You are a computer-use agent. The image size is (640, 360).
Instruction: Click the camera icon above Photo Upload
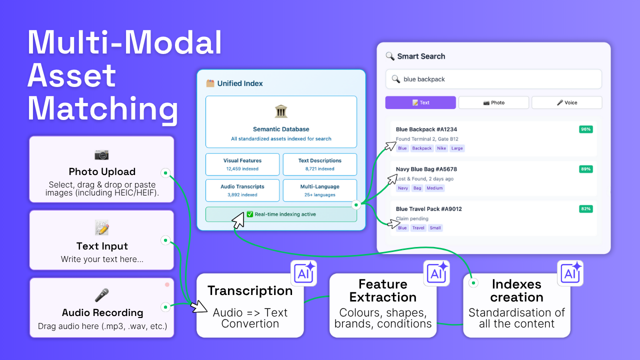coord(101,154)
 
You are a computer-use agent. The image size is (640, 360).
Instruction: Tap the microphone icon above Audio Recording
coord(101,295)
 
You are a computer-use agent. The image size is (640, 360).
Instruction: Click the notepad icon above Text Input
coord(101,228)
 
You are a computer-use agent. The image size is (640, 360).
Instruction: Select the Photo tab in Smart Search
coord(493,102)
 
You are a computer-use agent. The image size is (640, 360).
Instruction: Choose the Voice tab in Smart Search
coord(566,102)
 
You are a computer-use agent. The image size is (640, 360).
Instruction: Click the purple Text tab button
coord(420,102)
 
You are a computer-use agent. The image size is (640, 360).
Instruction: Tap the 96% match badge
coord(585,129)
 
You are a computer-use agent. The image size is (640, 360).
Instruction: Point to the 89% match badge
coord(585,169)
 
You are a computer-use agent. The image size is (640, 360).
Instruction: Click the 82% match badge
coord(585,208)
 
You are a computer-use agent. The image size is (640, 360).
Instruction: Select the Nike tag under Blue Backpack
coord(441,148)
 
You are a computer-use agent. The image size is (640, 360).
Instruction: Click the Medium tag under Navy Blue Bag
coord(435,188)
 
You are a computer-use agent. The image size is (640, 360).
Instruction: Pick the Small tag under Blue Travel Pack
coord(435,228)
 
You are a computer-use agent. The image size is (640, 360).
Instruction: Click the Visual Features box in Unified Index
coord(242,164)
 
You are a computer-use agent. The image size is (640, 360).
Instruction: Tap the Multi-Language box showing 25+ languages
coord(320,190)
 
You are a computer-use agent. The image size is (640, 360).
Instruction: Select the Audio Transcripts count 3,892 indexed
coord(242,195)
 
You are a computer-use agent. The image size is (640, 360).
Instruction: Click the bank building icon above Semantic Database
coord(281,111)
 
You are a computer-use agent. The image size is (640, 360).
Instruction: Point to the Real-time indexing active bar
coord(281,214)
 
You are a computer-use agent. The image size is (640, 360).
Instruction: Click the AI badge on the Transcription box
coord(303,273)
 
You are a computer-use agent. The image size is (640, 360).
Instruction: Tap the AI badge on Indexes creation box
coord(570,273)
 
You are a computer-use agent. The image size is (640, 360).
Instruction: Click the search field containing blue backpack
coord(493,79)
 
